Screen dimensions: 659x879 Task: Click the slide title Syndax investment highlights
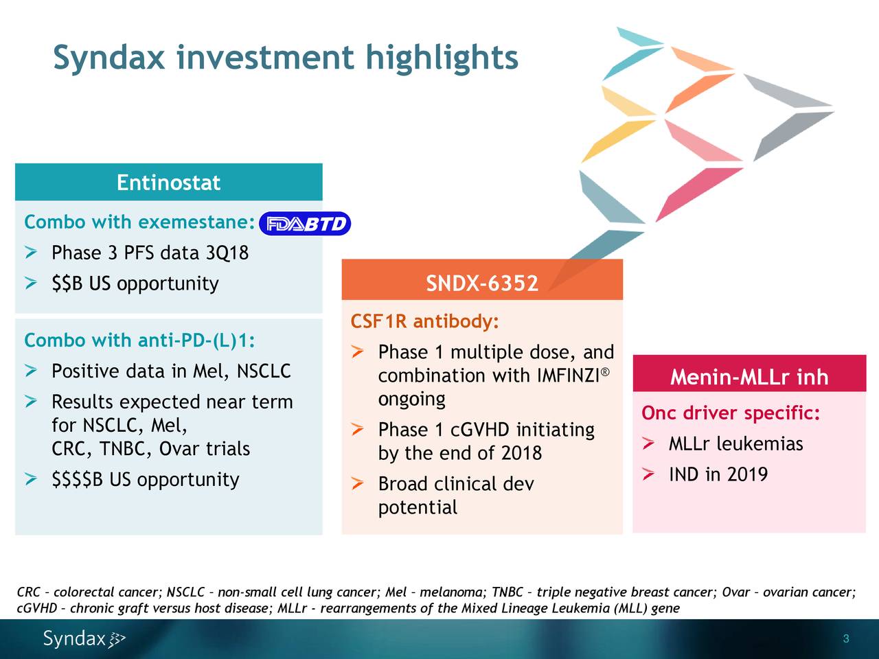coord(285,58)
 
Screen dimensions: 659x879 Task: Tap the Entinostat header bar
coord(168,183)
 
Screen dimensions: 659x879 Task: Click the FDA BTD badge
coord(305,224)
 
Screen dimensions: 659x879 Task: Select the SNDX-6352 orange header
coord(481,283)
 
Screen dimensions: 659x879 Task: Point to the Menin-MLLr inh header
coord(749,378)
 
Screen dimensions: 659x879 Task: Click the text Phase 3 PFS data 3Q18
coord(150,253)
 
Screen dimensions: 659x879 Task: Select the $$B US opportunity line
coord(135,284)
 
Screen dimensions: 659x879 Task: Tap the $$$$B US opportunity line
coord(145,479)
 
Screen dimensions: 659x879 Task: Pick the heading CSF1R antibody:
coord(425,322)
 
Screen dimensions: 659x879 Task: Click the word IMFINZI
coord(567,376)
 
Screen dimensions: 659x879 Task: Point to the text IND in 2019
coord(718,474)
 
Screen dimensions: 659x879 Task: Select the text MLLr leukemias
coord(735,444)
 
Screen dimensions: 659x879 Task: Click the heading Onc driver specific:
coord(731,413)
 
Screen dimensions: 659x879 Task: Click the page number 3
coord(846,639)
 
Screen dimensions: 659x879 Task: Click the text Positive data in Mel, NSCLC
coord(171,371)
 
